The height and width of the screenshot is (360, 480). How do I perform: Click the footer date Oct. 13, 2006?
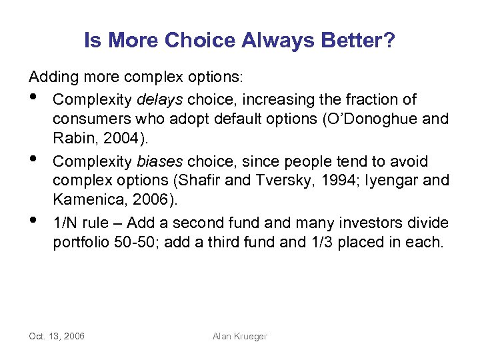tap(57, 336)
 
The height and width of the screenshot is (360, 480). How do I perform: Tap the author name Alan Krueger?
tap(239, 336)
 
